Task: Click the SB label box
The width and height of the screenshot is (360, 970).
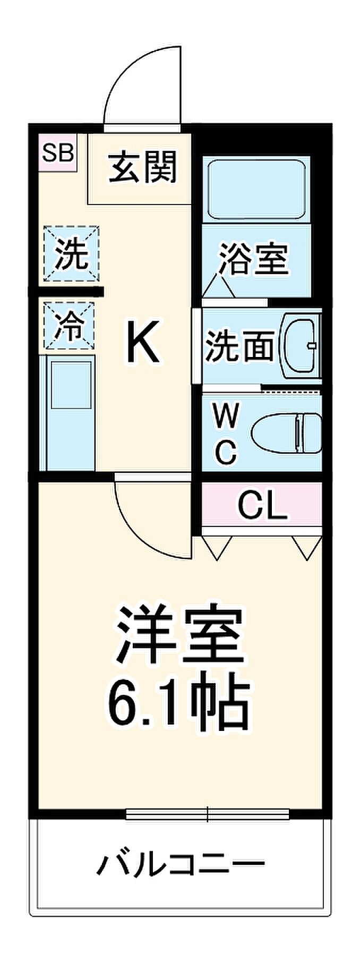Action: click(x=58, y=154)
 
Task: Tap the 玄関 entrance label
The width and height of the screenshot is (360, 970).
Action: click(x=142, y=167)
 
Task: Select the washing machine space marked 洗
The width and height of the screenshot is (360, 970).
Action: click(x=72, y=253)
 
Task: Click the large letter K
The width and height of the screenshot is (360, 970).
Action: click(x=142, y=343)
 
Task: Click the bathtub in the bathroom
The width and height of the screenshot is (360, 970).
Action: click(x=256, y=189)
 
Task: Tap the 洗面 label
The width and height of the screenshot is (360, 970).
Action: click(x=239, y=346)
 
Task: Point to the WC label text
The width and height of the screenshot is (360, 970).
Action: click(x=226, y=432)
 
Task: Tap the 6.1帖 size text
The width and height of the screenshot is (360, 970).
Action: click(x=179, y=702)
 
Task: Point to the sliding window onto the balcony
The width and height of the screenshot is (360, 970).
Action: click(x=208, y=813)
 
